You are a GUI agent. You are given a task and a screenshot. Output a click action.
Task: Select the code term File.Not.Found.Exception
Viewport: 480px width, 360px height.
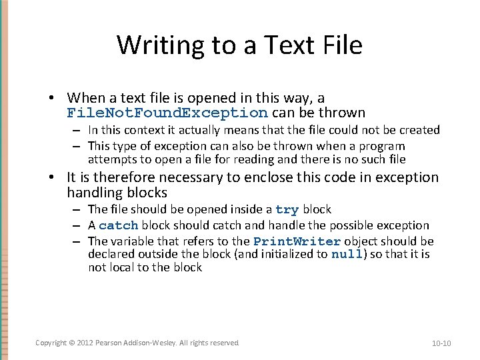[167, 113]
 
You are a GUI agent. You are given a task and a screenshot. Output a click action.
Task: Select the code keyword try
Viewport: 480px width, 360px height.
[287, 210]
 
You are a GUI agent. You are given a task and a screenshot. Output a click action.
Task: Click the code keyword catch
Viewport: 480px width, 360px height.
[119, 226]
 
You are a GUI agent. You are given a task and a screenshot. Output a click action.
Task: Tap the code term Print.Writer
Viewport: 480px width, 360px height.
[297, 241]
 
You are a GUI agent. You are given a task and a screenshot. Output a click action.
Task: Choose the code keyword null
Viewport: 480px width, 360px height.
[347, 255]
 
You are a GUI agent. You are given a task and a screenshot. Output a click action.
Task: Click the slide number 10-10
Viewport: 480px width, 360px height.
[441, 343]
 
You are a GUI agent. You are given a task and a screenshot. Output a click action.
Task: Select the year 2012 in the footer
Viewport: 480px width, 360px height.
[85, 343]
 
